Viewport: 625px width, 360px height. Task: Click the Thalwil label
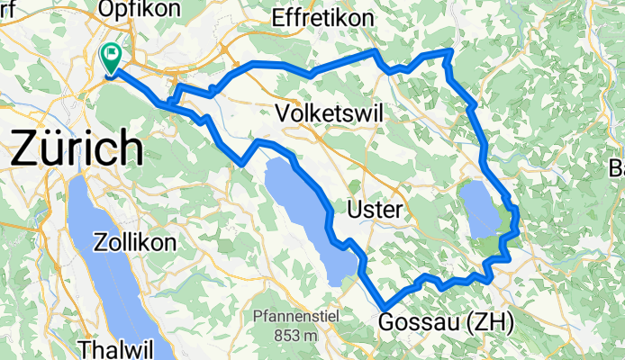(x=113, y=348)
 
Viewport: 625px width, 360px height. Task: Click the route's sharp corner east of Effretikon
(x=449, y=51)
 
